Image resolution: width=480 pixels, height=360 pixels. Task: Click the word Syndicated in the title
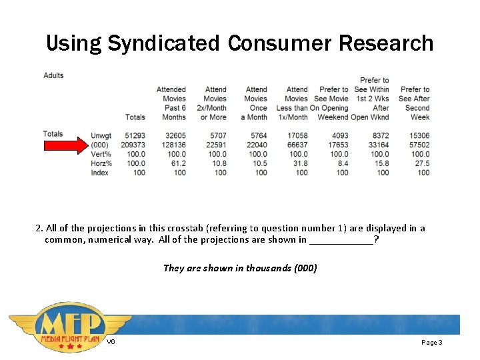pyautogui.click(x=163, y=43)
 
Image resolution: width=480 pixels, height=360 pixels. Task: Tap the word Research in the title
pyautogui.click(x=386, y=43)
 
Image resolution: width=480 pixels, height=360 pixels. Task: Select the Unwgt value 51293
pyautogui.click(x=135, y=136)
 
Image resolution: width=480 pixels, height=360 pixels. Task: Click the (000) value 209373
pyautogui.click(x=133, y=145)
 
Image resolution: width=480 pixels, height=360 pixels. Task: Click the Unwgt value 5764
pyautogui.click(x=257, y=136)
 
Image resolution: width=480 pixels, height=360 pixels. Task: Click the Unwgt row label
pyautogui.click(x=101, y=136)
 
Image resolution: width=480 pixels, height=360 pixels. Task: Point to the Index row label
pyautogui.click(x=100, y=173)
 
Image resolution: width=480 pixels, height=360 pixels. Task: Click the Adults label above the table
pyautogui.click(x=53, y=75)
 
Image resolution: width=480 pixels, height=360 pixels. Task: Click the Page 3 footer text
pyautogui.click(x=431, y=342)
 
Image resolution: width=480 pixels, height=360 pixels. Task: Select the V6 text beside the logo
pyautogui.click(x=111, y=342)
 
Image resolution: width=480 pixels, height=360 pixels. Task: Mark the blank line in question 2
pyautogui.click(x=341, y=240)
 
